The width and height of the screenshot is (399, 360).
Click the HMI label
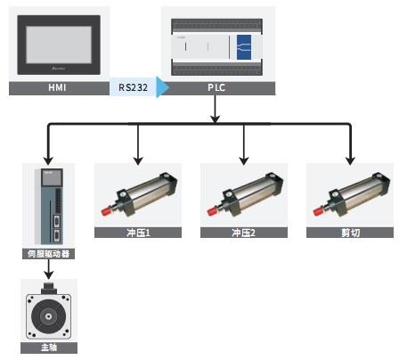click(57, 87)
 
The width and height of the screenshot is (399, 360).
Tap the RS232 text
click(133, 87)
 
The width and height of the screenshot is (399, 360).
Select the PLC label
click(216, 87)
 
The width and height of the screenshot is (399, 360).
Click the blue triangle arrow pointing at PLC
click(163, 87)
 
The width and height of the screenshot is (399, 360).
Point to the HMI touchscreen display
click(59, 45)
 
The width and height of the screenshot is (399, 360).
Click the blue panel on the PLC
click(244, 47)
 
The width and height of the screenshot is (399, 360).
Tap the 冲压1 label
click(138, 233)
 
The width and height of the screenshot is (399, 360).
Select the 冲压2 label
click(244, 233)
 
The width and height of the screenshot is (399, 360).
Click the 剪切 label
click(350, 233)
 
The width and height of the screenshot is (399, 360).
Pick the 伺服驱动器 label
click(48, 254)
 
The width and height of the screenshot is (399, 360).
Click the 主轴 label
click(49, 348)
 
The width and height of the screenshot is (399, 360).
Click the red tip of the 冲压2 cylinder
click(211, 212)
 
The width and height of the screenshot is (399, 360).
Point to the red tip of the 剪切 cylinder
click(318, 212)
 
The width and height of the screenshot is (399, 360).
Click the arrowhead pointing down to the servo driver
click(48, 160)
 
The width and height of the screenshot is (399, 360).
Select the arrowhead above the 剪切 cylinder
click(350, 160)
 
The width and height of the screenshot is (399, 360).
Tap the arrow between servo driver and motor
click(49, 269)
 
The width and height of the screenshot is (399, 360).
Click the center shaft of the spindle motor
click(48, 316)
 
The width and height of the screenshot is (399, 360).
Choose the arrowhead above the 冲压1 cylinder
click(138, 160)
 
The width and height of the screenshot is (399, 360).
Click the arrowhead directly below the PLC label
click(216, 119)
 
